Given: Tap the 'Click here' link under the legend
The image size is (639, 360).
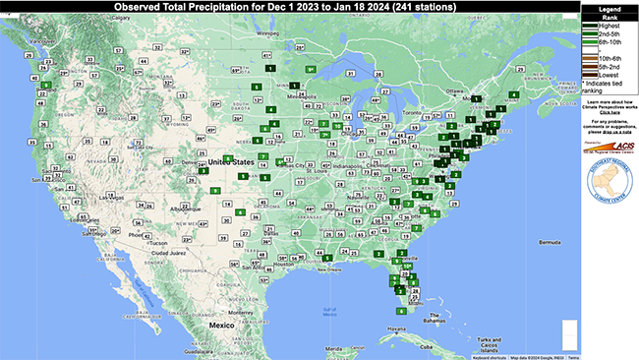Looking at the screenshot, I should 608,113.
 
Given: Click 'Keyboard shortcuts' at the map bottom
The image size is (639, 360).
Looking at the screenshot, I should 489,356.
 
